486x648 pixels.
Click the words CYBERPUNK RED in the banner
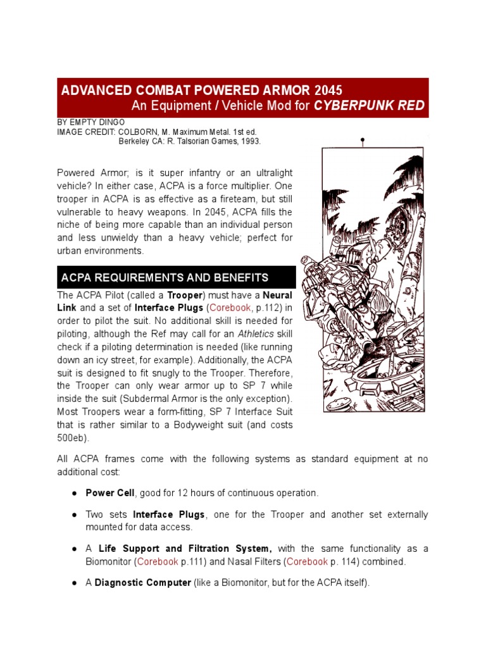369,105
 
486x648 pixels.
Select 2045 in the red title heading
325,90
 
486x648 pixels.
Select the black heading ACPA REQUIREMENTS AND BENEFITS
165,278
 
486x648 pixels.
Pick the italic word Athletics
257,334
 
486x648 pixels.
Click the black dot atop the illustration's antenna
363,139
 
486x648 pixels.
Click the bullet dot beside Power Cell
75,493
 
